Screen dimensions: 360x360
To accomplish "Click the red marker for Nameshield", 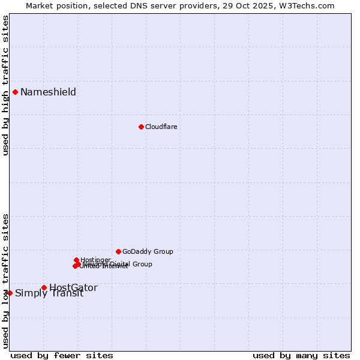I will coord(15,92).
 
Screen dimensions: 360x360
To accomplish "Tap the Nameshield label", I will coord(48,92).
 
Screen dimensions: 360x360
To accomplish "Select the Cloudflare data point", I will coord(141,127).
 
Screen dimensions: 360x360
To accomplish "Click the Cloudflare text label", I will coord(161,127).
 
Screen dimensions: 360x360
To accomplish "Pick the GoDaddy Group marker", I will coord(118,251).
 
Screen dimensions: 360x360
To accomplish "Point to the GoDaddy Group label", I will coord(148,251).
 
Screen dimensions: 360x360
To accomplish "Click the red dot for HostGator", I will coord(44,287).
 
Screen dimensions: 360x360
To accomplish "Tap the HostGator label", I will coord(73,287).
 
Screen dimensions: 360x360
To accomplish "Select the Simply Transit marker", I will coord(10,293).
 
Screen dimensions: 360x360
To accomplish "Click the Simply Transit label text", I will coord(49,293).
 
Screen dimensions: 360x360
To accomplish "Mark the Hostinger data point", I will coord(77,260).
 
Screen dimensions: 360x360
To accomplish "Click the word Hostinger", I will coord(96,259).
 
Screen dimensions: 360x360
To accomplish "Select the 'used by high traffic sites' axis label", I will coord(5,85).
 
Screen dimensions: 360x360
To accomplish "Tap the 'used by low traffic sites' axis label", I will coord(5,281).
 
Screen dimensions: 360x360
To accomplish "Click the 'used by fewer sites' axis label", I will coord(62,355).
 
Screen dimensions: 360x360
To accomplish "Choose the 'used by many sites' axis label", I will coord(301,355).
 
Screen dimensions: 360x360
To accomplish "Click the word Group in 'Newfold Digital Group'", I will coord(142,264).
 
